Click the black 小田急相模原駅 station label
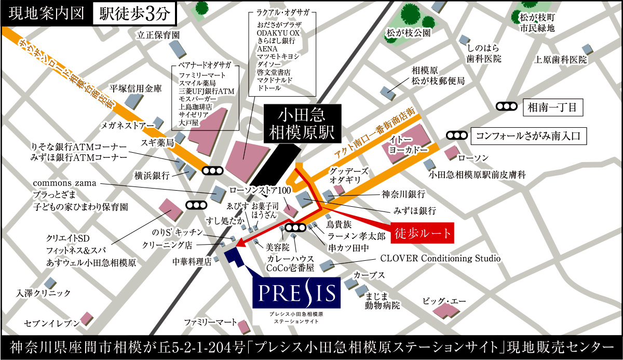pyautogui.click(x=302, y=125)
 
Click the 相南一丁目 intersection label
pyautogui.click(x=553, y=108)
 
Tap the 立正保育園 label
pyautogui.click(x=158, y=35)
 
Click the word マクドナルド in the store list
pyautogui.click(x=275, y=80)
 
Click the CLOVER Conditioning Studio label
pyautogui.click(x=440, y=258)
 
